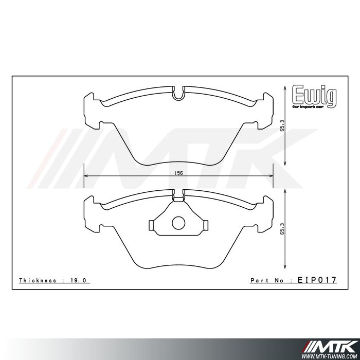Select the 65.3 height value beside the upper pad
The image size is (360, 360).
[282, 127]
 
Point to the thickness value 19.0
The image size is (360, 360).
[80, 280]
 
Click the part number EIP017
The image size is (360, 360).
[317, 280]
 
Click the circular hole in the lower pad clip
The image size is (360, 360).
[178, 223]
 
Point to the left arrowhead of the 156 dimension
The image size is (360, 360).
[86, 176]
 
